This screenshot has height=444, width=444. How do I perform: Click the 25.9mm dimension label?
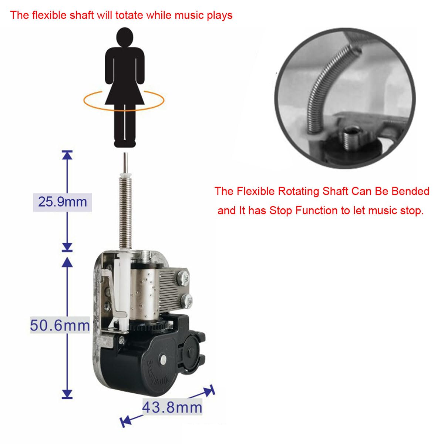tap(63, 202)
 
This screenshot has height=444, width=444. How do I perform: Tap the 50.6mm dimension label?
tap(60, 326)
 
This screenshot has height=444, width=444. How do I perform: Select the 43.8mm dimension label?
tap(172, 407)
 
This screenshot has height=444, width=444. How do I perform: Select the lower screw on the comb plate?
tap(187, 300)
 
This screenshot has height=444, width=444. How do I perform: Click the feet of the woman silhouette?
tap(124, 144)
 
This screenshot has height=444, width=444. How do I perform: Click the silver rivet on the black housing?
tap(163, 358)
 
